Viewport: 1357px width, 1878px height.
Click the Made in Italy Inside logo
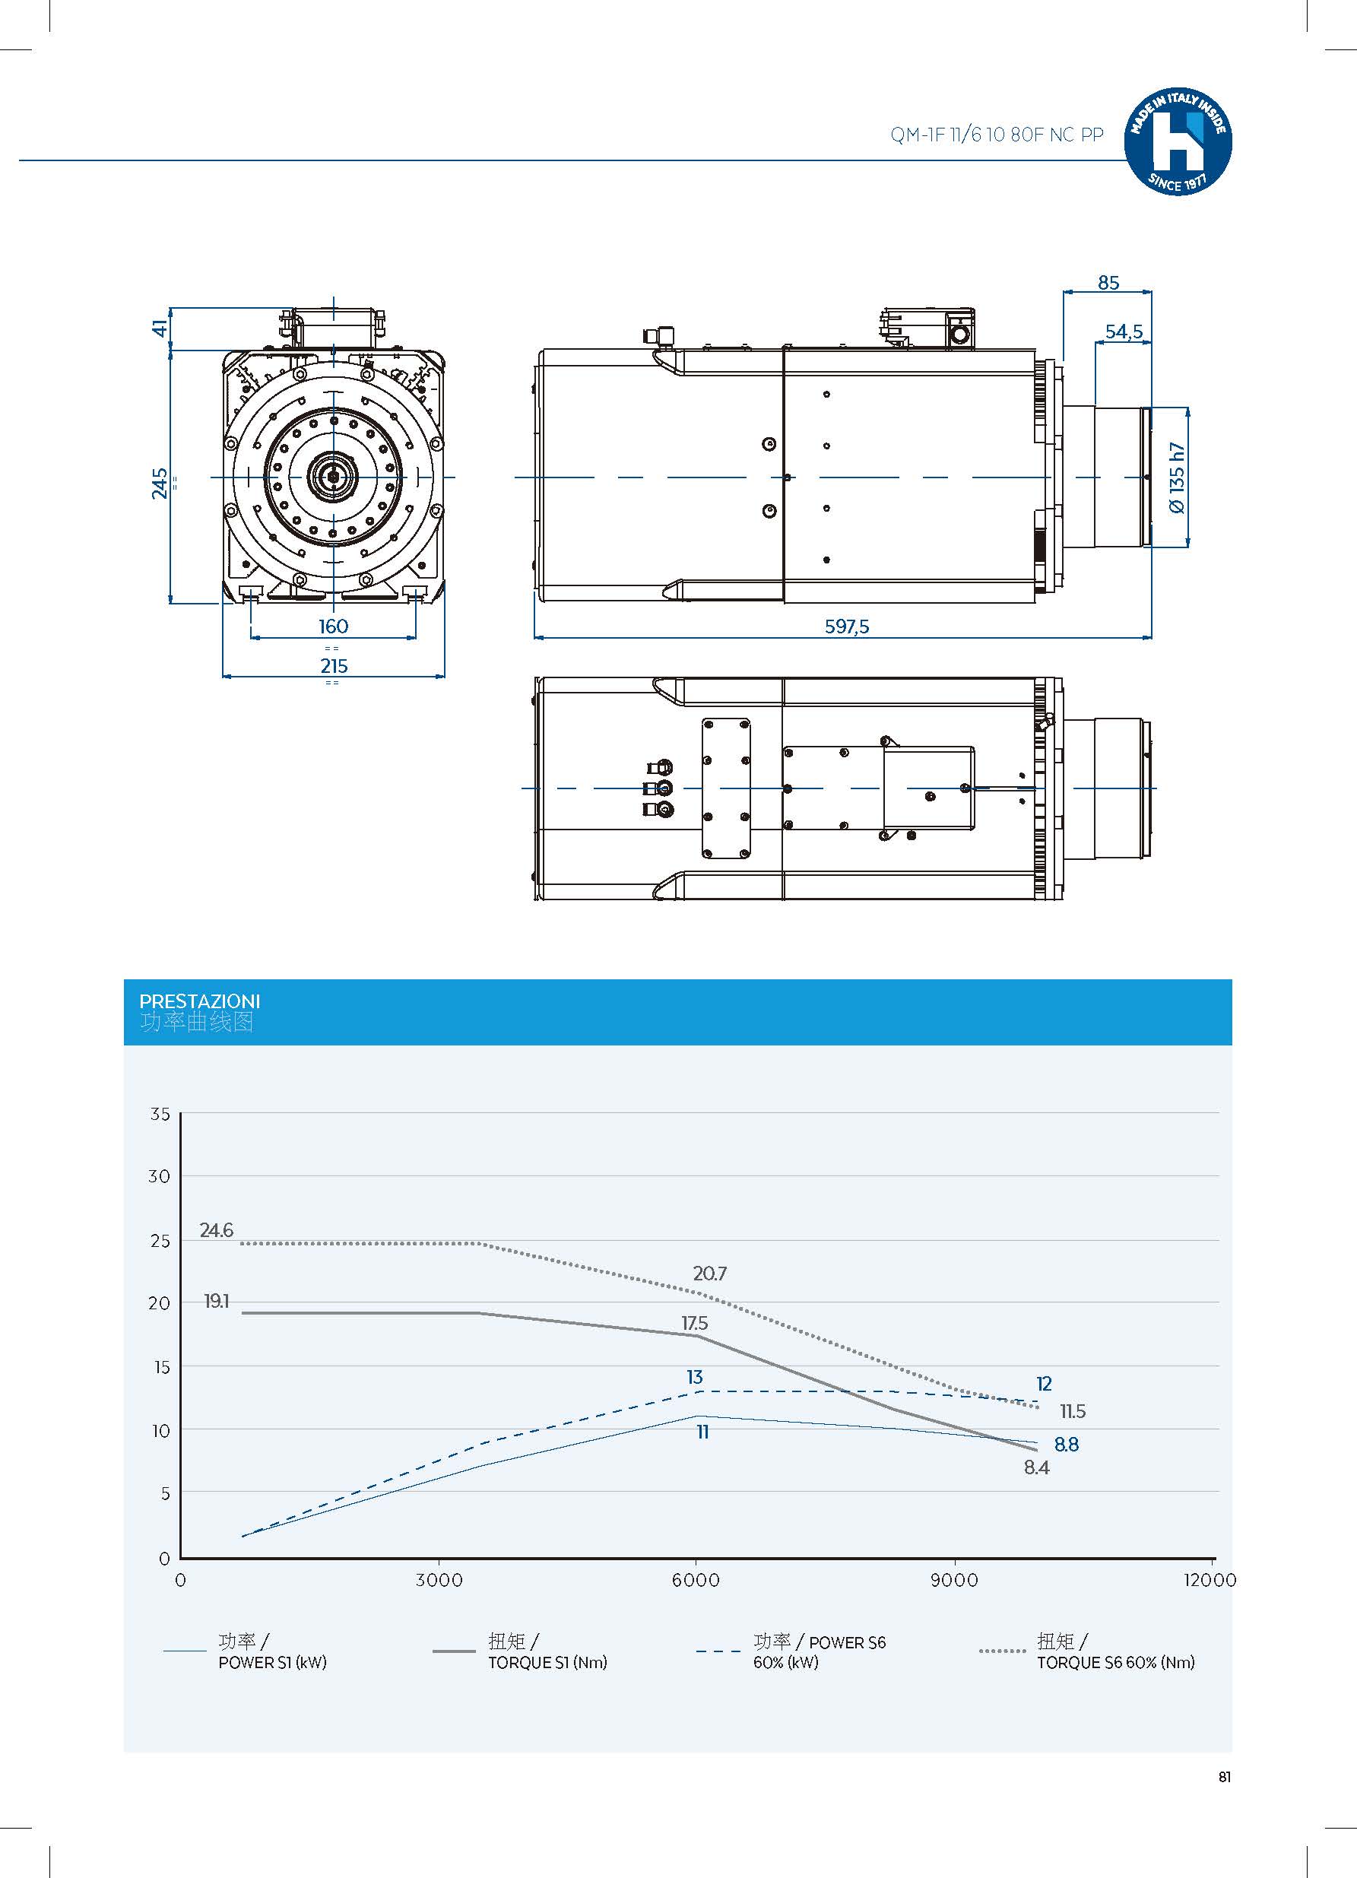tap(1178, 142)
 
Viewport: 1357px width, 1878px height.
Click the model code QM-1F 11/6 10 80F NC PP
tap(997, 135)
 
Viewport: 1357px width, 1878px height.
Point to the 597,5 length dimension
tap(847, 627)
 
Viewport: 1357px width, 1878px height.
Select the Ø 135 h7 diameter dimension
tap(1177, 477)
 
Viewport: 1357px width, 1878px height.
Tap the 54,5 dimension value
tap(1124, 332)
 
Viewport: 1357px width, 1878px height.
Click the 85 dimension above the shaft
tap(1108, 283)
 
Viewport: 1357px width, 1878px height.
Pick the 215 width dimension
tap(334, 666)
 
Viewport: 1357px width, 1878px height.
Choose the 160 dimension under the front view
tap(333, 627)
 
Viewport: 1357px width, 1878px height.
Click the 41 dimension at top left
tap(160, 328)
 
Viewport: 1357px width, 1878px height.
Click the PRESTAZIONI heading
tap(198, 1001)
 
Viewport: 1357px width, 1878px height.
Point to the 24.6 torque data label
tap(216, 1230)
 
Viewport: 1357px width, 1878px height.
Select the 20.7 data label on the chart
tap(709, 1274)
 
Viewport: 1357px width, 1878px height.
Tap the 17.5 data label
tap(694, 1323)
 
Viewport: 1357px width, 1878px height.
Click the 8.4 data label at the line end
tap(1035, 1467)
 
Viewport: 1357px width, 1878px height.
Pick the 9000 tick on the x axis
tap(954, 1580)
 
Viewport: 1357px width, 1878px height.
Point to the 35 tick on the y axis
tap(160, 1114)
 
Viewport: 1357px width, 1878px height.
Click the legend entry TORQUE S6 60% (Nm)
tap(1114, 1662)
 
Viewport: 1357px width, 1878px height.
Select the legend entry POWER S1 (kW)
tap(271, 1662)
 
